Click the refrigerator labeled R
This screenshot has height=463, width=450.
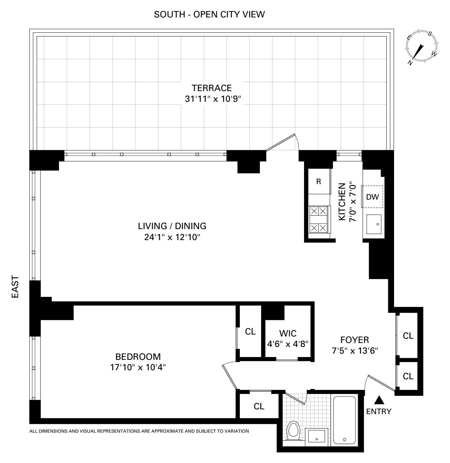319,182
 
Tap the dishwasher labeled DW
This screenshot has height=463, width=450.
372,197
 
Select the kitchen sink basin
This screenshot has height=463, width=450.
374,225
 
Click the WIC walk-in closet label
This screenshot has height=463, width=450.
288,333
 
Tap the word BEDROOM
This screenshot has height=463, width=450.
138,357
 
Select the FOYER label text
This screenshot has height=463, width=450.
354,340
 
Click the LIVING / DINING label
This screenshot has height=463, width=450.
172,226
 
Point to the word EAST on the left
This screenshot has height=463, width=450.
15,287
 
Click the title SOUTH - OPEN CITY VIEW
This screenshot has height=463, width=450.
209,14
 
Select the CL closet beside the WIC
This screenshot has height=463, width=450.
250,332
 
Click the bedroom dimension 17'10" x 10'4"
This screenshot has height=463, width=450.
138,368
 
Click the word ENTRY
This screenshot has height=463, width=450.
379,412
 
